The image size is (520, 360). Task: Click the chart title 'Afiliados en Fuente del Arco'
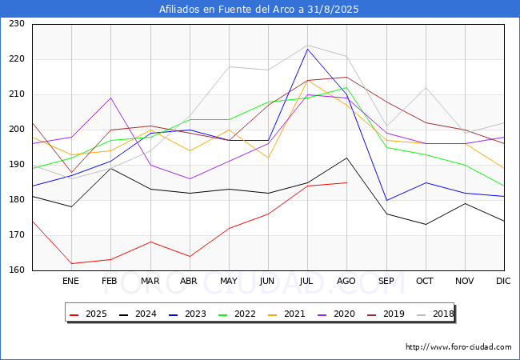tap(259, 10)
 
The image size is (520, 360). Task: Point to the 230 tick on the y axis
tap(17, 24)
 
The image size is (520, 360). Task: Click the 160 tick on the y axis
tap(17, 270)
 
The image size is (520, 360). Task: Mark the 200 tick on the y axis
tap(17, 130)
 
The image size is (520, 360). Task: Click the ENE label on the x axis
tap(71, 281)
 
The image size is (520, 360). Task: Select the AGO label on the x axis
tap(346, 281)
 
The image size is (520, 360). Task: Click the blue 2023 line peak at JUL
tap(308, 49)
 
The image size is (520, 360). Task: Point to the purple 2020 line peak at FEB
tap(110, 98)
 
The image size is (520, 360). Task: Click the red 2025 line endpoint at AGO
tap(346, 182)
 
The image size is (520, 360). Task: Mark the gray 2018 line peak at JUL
tap(308, 45)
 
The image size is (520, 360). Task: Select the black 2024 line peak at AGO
tap(346, 158)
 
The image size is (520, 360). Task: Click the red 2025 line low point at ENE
tap(71, 263)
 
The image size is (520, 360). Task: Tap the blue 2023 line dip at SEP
tap(386, 200)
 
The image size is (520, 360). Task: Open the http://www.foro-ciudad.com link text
tap(458, 347)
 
